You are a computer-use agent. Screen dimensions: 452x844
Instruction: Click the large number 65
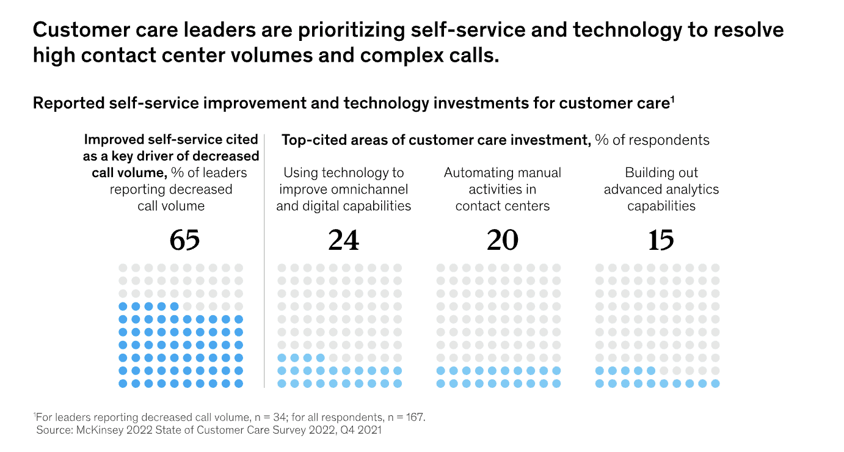[184, 240]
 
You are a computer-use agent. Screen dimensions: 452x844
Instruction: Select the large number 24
[344, 240]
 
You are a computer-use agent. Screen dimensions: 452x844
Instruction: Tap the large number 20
[502, 240]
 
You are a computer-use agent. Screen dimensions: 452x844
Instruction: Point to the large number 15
[661, 240]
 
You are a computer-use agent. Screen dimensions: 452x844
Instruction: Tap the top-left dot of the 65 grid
[123, 268]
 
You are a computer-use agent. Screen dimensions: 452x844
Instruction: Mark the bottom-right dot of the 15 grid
[715, 384]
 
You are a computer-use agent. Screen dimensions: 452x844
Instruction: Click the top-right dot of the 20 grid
[556, 268]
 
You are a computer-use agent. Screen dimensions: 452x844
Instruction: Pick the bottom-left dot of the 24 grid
[282, 384]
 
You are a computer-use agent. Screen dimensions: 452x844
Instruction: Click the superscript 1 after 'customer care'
[672, 99]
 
